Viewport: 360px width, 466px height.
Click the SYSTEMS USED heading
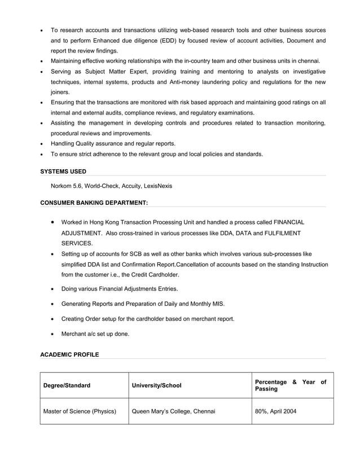tap(63, 171)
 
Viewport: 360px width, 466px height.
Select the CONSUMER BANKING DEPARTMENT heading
tap(94, 202)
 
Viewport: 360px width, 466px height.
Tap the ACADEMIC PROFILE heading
tap(69, 354)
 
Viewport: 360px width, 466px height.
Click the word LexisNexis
tap(157, 186)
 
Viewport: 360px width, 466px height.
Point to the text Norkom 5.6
tap(66, 186)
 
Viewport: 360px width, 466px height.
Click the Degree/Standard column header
tap(67, 386)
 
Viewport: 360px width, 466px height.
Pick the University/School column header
tap(156, 386)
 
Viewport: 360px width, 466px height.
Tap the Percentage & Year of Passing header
tap(290, 386)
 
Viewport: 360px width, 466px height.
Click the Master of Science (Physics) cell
tap(80, 411)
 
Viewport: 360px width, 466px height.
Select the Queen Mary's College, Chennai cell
tap(173, 411)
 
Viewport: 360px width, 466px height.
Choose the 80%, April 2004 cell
tap(275, 411)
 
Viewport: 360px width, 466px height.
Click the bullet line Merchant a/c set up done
tap(95, 334)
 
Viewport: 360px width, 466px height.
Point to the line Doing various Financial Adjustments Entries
tap(119, 289)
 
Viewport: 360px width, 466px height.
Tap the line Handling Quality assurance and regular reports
tap(113, 143)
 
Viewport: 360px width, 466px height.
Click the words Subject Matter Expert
tap(114, 72)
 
